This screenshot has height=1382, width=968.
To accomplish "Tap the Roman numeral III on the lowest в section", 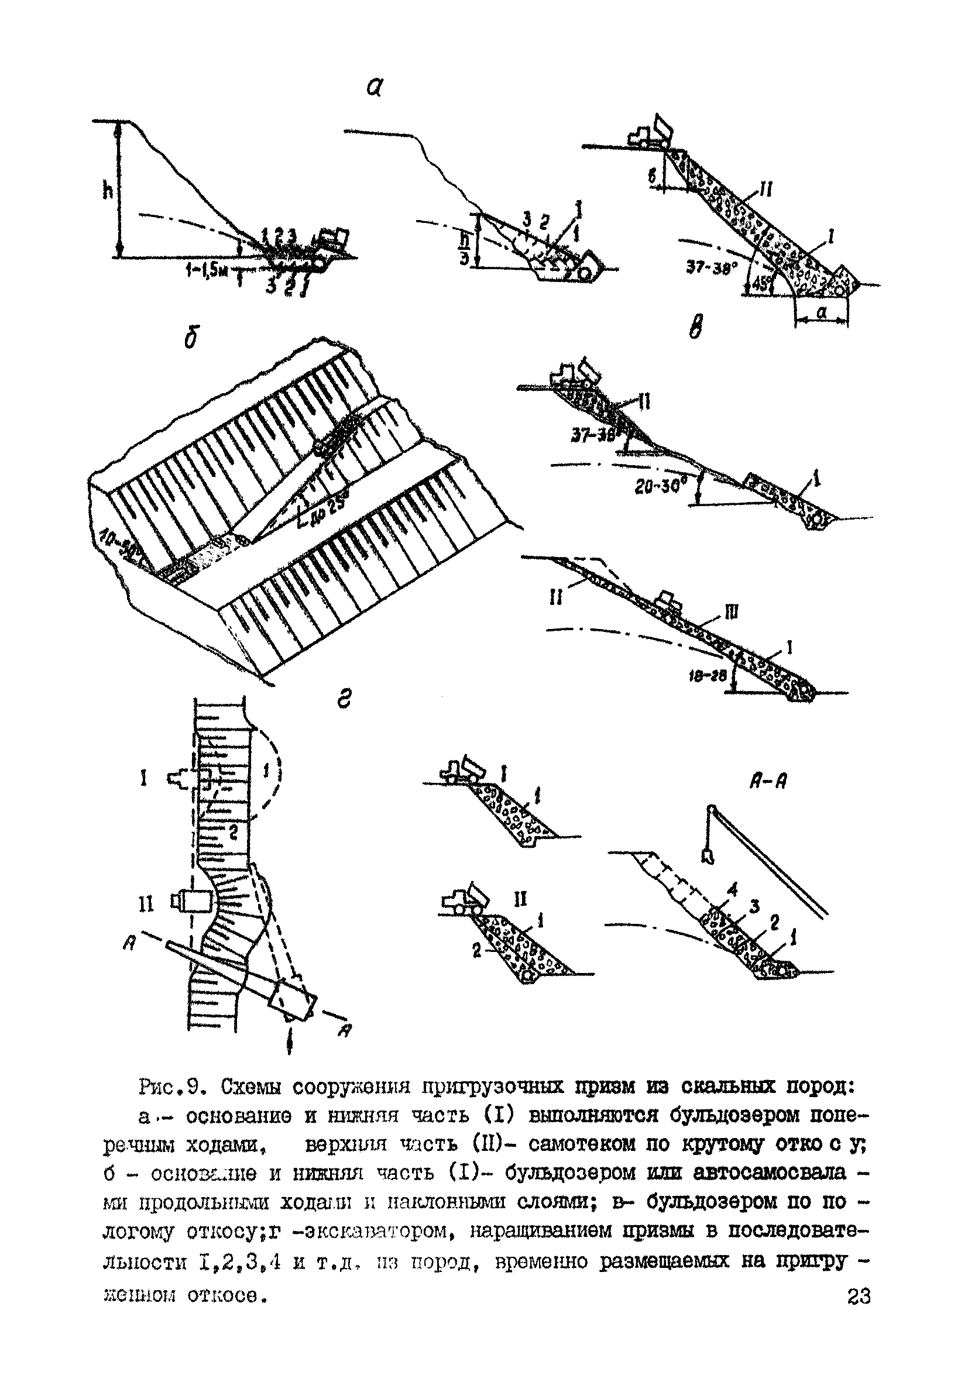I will tap(731, 613).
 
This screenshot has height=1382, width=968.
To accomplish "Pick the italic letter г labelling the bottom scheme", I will tap(343, 700).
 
